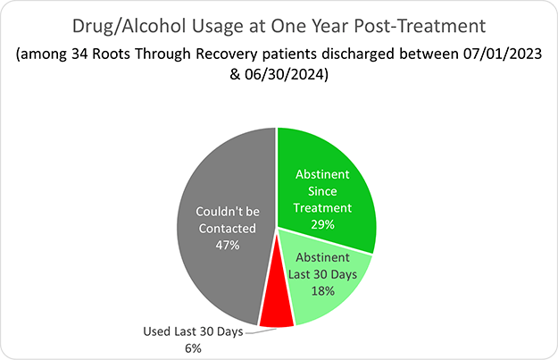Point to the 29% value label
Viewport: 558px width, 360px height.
322,223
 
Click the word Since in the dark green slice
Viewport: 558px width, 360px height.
323,192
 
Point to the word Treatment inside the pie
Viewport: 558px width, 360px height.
323,207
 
